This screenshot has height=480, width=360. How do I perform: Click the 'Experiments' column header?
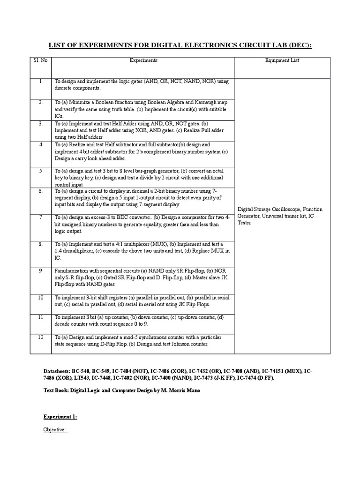pyautogui.click(x=143, y=60)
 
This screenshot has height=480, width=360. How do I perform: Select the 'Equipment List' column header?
pyautogui.click(x=282, y=60)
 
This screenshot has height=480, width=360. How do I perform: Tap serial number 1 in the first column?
pyautogui.click(x=41, y=81)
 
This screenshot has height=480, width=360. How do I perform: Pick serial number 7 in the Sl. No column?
pyautogui.click(x=41, y=217)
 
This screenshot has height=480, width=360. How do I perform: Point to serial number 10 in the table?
pyautogui.click(x=41, y=298)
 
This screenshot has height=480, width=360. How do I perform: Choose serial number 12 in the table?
pyautogui.click(x=41, y=337)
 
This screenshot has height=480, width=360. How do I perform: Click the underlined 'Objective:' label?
pyautogui.click(x=55, y=429)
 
